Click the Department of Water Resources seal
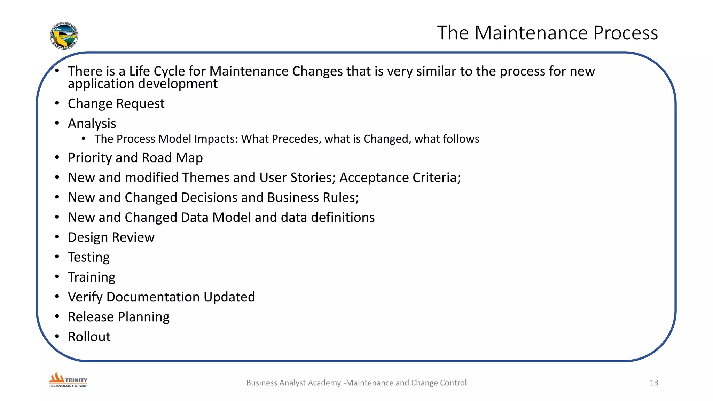click(x=64, y=36)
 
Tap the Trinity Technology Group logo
click(x=68, y=380)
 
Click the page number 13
click(x=653, y=383)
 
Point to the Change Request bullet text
click(x=116, y=103)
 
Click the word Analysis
click(x=92, y=123)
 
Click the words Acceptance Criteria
click(x=399, y=178)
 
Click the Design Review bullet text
click(x=111, y=237)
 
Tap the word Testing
click(x=89, y=257)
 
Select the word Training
click(x=92, y=277)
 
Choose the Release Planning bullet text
click(x=119, y=317)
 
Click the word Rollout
click(x=89, y=337)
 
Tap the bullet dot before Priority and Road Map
click(x=57, y=157)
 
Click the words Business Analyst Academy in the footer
click(x=293, y=383)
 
